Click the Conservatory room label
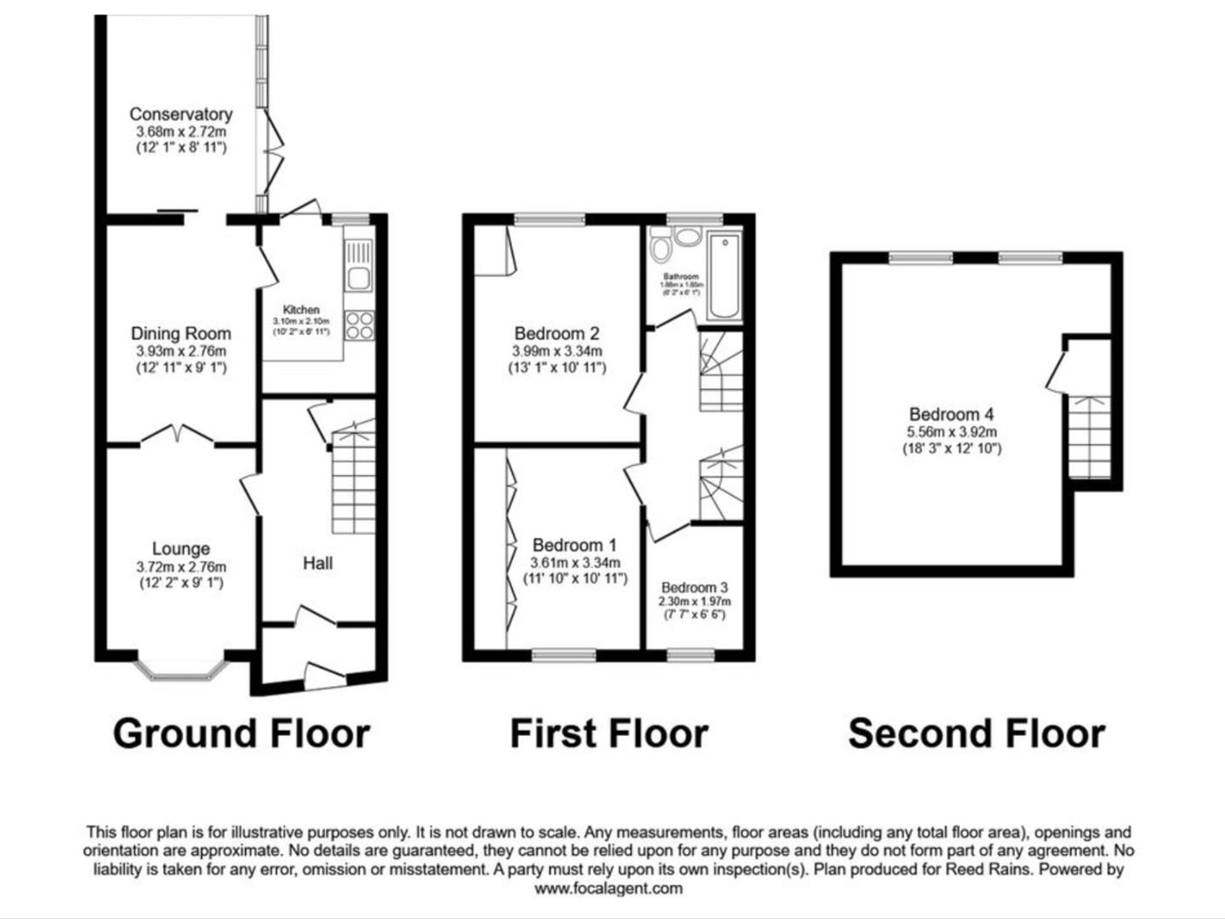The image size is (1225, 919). pos(180,114)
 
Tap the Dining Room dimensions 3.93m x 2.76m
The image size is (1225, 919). pos(180,351)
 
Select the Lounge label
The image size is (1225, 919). pos(180,549)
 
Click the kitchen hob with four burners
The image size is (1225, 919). pos(359,325)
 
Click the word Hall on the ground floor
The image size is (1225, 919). pos(317,563)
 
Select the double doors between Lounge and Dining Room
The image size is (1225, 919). pos(176,436)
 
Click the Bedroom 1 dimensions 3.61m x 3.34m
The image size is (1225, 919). pos(575,562)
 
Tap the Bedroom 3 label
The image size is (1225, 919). pos(694,587)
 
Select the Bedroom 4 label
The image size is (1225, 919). pos(951,414)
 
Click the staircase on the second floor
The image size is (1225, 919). pos(1090,437)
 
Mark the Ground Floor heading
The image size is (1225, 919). pos(242,733)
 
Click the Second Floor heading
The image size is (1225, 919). pos(977,733)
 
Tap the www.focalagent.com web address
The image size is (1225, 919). pos(608,888)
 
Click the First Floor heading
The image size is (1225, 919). pos(608,733)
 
